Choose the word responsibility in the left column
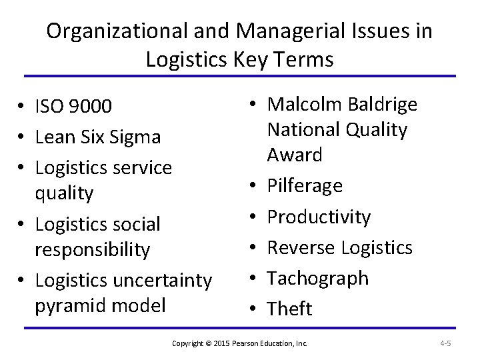pos(93,249)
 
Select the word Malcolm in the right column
pos(303,105)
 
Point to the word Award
pos(295,155)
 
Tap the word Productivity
pos(319,217)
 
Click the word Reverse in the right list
pos(301,247)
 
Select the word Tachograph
pos(318,278)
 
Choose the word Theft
pos(289,309)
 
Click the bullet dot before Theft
pos(256,309)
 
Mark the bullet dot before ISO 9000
pos(23,106)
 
